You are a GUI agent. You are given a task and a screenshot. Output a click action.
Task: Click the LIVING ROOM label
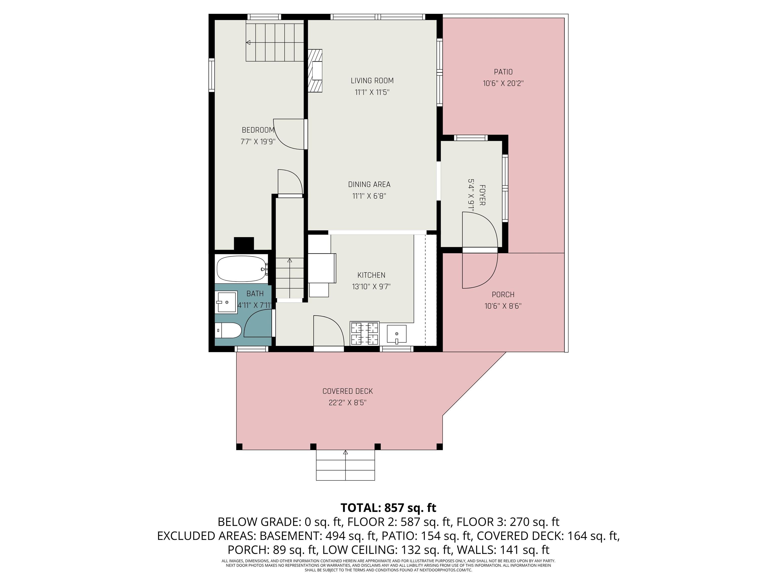click(372, 80)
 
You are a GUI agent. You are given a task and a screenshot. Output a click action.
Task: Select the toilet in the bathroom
click(228, 330)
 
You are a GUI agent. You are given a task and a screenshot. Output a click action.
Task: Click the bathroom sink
click(227, 302)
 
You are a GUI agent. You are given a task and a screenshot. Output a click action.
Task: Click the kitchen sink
click(397, 334)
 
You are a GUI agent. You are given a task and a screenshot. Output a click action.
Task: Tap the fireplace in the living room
click(315, 71)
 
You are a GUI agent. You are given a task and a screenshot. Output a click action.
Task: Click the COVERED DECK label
click(348, 391)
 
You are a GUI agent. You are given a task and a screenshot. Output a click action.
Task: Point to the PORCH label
click(503, 295)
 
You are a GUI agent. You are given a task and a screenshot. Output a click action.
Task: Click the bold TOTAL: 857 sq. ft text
click(388, 508)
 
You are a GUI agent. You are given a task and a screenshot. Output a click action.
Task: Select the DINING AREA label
click(369, 184)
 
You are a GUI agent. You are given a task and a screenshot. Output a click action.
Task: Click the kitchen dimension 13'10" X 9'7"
click(371, 287)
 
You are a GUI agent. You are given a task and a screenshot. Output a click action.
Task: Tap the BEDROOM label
click(258, 130)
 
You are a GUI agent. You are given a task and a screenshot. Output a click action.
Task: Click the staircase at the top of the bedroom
click(274, 41)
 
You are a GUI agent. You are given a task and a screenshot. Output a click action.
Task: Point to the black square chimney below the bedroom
click(244, 244)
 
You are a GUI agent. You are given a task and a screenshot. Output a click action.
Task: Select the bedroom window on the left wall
click(211, 75)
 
